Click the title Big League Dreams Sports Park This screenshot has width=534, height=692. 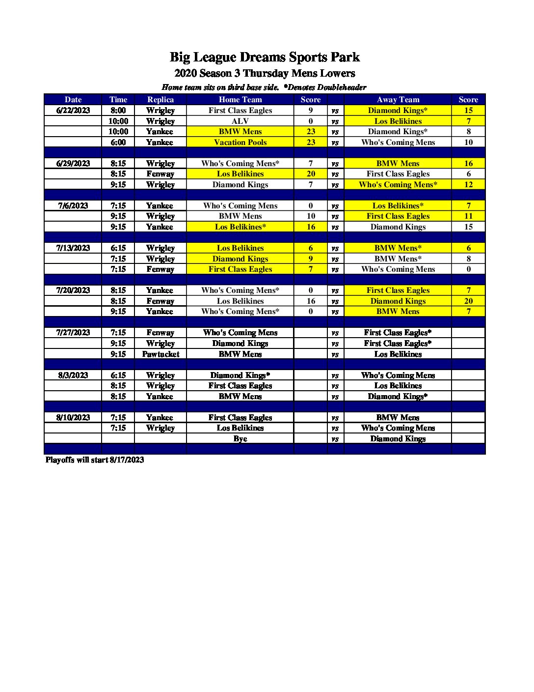tap(265, 58)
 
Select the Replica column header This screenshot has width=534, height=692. tap(160, 100)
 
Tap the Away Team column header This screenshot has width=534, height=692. tap(398, 100)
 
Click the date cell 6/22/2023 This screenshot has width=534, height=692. tap(73, 111)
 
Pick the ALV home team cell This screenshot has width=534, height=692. tap(240, 121)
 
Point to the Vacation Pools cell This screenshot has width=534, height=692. tap(240, 143)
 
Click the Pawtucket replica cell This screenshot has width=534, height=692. tap(160, 354)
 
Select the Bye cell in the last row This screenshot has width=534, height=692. tap(240, 439)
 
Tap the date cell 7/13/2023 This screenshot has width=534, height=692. tap(73, 248)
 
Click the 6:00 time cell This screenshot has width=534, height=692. tap(118, 143)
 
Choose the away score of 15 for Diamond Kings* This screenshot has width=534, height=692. tap(468, 111)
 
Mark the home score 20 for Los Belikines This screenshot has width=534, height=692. tap(311, 174)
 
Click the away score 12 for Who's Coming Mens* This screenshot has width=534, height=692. tap(468, 185)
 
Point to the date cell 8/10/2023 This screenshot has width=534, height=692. tap(73, 418)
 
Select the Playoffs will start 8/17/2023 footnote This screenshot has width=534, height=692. tap(95, 460)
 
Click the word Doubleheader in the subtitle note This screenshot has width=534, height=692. tap(342, 87)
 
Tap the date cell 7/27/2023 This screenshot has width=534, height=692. tap(73, 333)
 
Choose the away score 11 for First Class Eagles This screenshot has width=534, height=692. tap(468, 216)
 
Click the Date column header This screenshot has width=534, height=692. tap(73, 100)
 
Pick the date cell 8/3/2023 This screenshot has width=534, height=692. tap(73, 375)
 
